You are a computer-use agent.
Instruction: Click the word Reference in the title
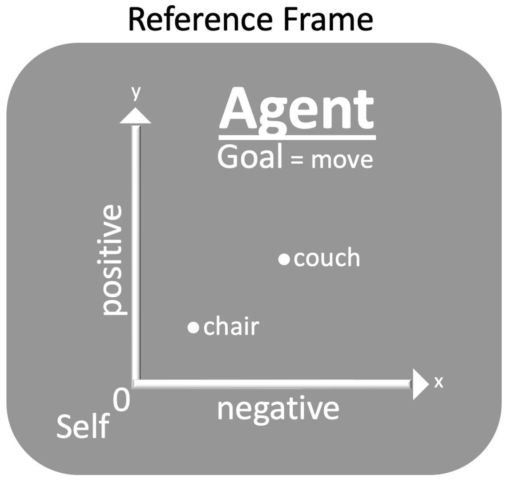tap(200, 20)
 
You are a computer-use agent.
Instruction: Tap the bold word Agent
tap(297, 109)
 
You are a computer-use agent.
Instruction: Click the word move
tap(342, 160)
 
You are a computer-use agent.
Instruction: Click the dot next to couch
tap(284, 259)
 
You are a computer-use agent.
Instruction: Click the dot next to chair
tap(193, 327)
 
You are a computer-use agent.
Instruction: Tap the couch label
tap(327, 259)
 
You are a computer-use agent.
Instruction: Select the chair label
tap(231, 327)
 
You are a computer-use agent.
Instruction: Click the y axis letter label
tap(136, 92)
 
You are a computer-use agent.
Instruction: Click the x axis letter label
tap(439, 382)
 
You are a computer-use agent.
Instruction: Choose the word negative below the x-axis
tap(278, 409)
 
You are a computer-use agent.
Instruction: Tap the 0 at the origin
tap(121, 400)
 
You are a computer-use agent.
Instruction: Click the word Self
tap(83, 427)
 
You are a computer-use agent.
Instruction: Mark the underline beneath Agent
tap(297, 137)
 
